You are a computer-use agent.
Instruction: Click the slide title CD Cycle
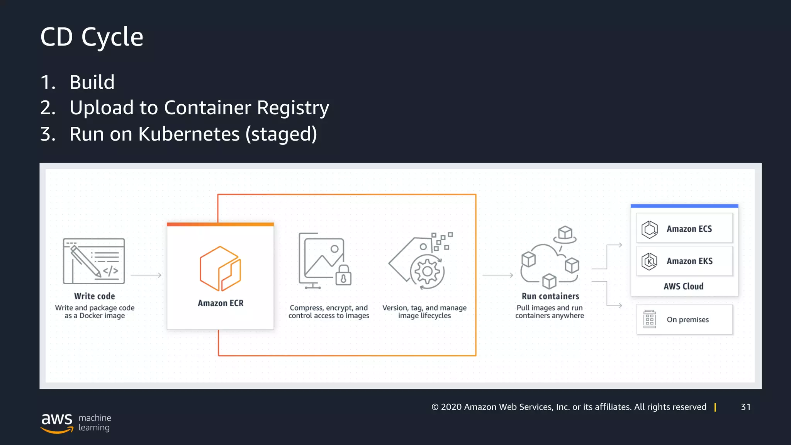[x=92, y=37]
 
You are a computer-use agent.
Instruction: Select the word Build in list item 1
[x=92, y=82]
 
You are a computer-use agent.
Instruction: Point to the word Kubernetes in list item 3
[x=189, y=134]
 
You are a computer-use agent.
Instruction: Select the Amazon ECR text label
[x=221, y=303]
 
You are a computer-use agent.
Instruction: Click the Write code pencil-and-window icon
[x=94, y=261]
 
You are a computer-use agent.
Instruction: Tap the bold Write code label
[x=94, y=296]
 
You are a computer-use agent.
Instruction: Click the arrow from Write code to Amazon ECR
[x=146, y=275]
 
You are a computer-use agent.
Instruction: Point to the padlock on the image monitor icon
[x=343, y=275]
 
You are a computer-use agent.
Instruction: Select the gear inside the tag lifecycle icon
[x=427, y=272]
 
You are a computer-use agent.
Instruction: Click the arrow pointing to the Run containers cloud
[x=498, y=275]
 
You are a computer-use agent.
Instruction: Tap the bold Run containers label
[x=550, y=296]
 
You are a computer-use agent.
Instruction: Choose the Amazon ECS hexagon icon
[x=649, y=229]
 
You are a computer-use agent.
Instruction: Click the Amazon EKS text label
[x=689, y=261]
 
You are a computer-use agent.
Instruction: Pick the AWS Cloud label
[x=683, y=286]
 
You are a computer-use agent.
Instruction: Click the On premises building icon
[x=649, y=319]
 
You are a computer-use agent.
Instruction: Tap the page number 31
[x=745, y=407]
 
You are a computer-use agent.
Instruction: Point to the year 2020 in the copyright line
[x=451, y=407]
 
